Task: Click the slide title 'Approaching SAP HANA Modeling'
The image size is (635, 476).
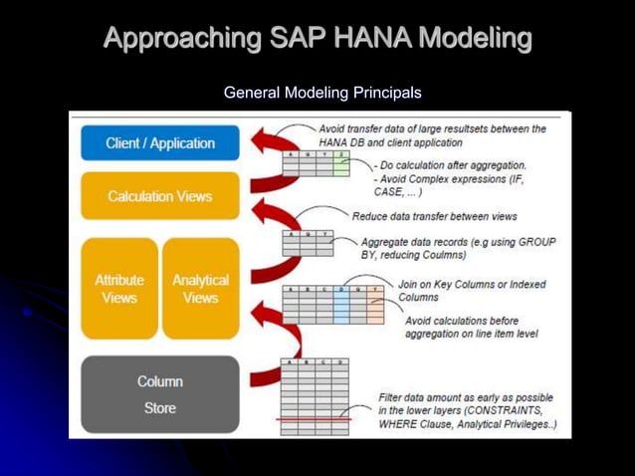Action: pos(317,39)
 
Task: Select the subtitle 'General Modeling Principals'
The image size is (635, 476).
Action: pos(322,93)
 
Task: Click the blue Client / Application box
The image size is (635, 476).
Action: pos(159,143)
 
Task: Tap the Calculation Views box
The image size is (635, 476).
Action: pos(159,196)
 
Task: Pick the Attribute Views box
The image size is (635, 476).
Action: pos(119,289)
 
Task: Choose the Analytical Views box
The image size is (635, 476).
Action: pos(200,289)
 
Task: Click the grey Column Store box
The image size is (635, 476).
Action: pos(159,394)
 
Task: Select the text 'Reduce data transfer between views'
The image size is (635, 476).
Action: pos(434,216)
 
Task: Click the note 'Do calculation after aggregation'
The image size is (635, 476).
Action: pos(454,165)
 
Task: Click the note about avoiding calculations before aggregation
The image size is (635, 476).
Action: pos(471,327)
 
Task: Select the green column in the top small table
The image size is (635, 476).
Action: pos(341,165)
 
